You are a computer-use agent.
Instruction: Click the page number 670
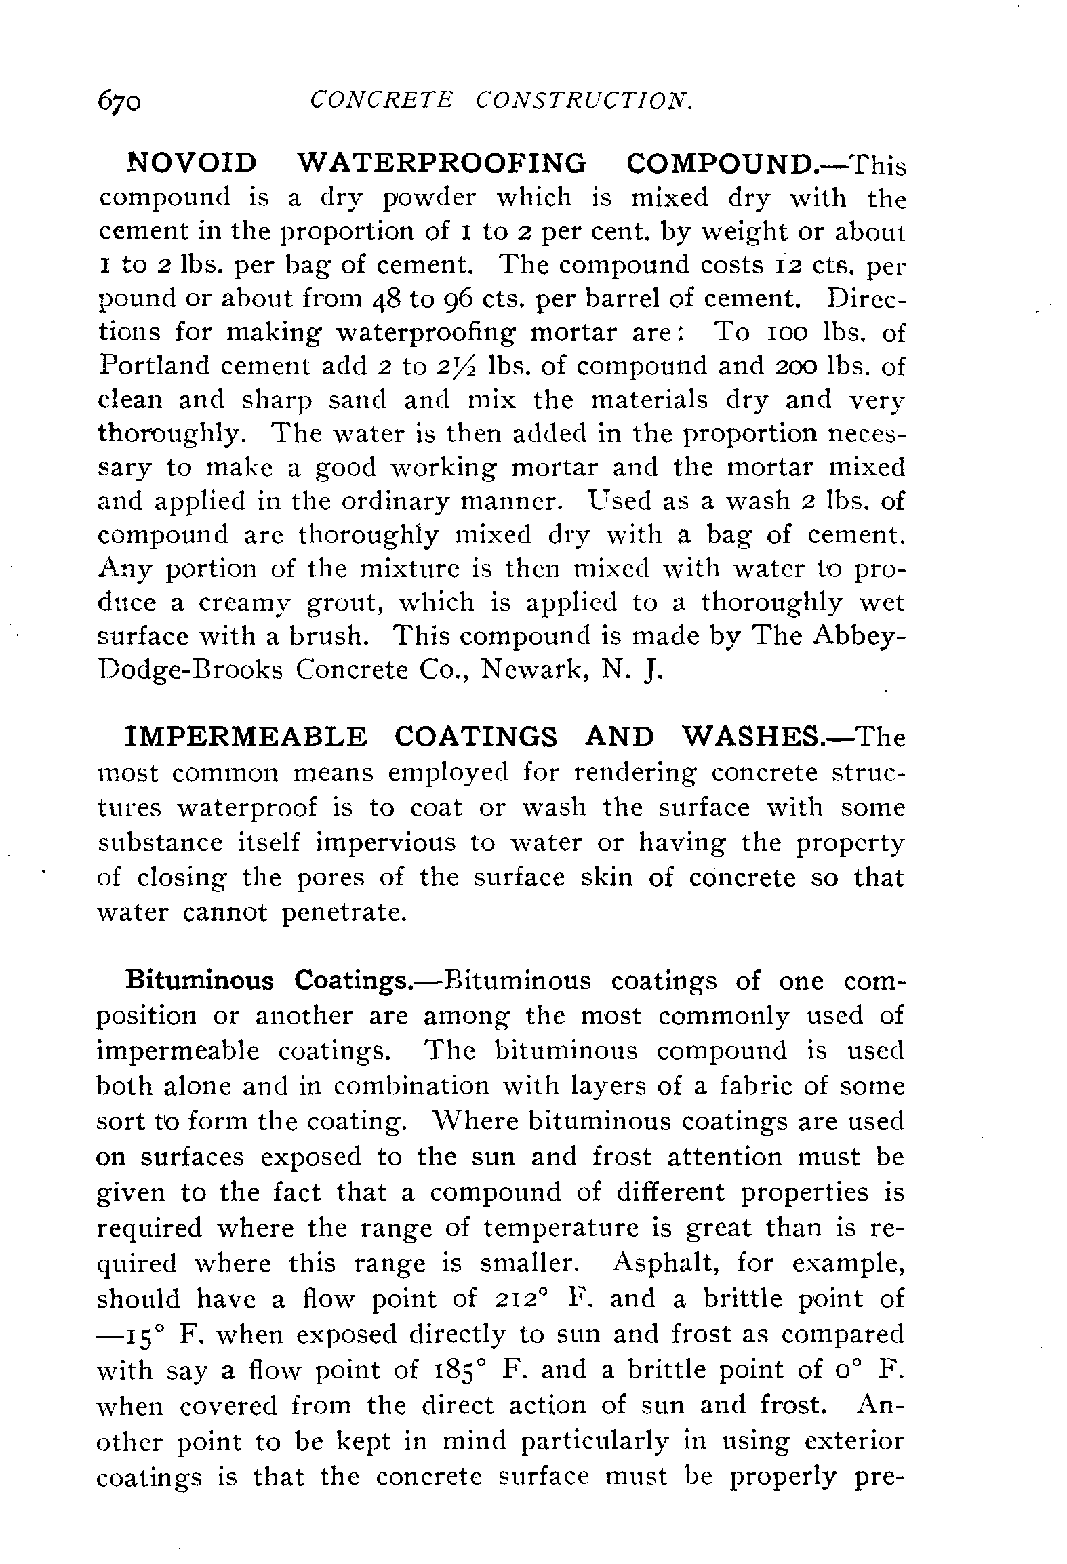pyautogui.click(x=120, y=102)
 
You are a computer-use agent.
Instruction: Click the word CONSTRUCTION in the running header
pyautogui.click(x=584, y=100)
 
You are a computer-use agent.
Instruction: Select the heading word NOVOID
pyautogui.click(x=193, y=163)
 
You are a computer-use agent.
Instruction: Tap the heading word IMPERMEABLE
pyautogui.click(x=247, y=738)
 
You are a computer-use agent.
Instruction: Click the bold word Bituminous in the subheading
pyautogui.click(x=200, y=981)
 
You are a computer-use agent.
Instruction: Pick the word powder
pyautogui.click(x=430, y=197)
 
